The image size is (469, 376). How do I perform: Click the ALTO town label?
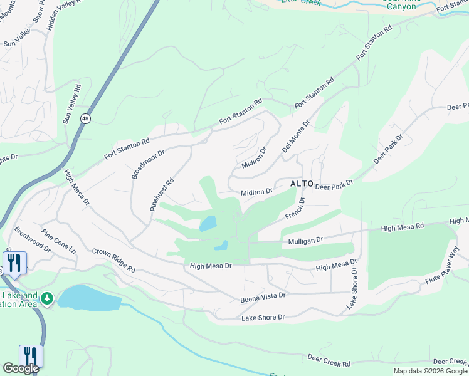[301, 184]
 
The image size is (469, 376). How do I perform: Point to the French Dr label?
[294, 209]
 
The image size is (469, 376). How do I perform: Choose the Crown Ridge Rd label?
[113, 259]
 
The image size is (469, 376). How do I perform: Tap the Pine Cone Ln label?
[59, 241]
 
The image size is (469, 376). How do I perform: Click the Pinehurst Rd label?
[161, 194]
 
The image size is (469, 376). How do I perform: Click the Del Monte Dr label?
[296, 137]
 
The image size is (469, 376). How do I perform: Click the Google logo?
[21, 368]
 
